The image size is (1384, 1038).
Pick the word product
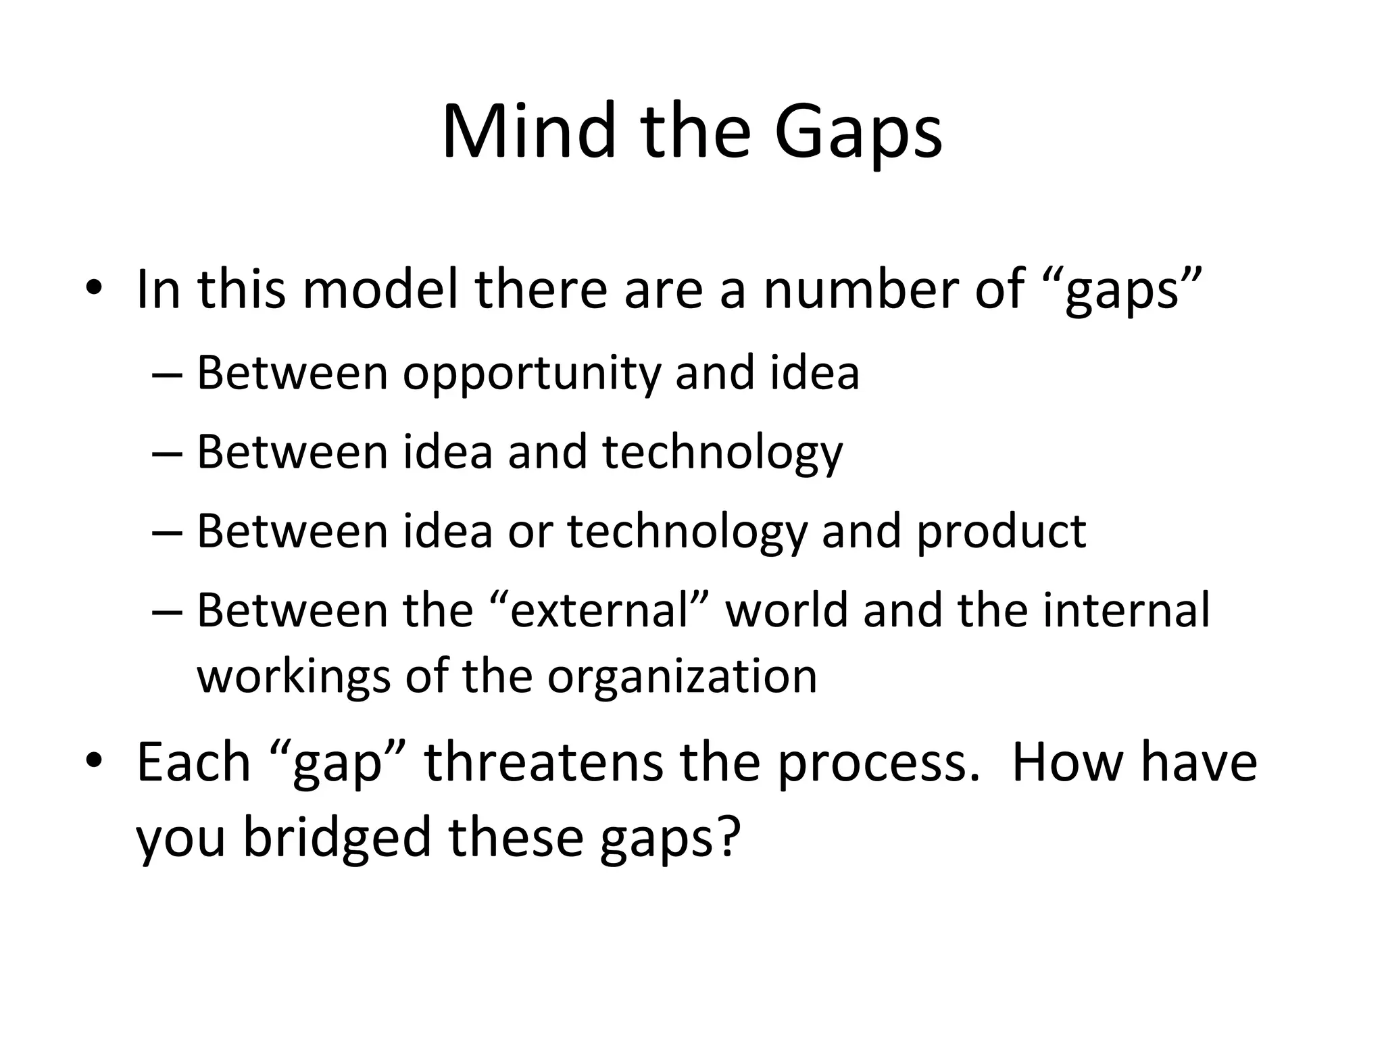point(1002,532)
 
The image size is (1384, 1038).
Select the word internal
point(1127,610)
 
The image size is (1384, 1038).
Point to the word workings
point(293,678)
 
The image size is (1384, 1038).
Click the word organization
point(682,678)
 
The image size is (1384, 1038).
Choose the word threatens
point(543,762)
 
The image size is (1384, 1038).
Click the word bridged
point(337,837)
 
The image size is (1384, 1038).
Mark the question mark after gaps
point(728,836)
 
